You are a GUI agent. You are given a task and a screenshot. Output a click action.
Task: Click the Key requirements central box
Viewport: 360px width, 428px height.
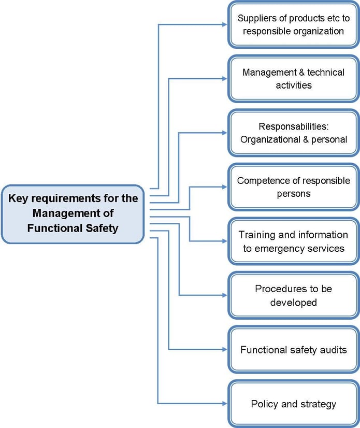tap(73, 213)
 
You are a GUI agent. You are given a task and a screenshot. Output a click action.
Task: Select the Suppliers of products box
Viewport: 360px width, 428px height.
tap(293, 24)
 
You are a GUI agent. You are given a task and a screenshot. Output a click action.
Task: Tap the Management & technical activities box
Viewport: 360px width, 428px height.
tap(293, 78)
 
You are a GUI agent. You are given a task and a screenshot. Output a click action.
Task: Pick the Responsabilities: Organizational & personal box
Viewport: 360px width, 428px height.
tap(293, 133)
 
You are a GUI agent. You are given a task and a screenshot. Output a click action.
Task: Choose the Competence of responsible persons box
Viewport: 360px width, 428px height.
tap(293, 187)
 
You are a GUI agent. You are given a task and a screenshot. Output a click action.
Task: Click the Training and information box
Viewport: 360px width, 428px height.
tap(293, 241)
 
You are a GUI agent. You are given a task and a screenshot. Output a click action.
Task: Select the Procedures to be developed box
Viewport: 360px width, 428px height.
tap(293, 295)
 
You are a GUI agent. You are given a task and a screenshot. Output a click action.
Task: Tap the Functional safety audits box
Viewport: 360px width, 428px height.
tap(293, 350)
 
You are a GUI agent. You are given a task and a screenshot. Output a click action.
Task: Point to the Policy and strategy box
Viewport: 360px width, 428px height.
tap(293, 404)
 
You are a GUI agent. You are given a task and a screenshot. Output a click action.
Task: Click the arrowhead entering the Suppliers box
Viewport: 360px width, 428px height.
tap(224, 24)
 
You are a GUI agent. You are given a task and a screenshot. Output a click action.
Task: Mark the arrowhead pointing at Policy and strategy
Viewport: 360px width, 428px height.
tap(224, 403)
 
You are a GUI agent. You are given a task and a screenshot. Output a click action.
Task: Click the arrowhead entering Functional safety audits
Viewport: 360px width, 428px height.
tap(224, 349)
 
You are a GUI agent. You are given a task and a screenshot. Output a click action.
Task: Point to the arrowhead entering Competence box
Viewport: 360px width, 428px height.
tap(224, 187)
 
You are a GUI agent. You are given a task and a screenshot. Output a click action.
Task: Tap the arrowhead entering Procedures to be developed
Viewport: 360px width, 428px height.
tap(224, 295)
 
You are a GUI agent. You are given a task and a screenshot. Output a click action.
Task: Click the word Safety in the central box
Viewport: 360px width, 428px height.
tap(101, 227)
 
